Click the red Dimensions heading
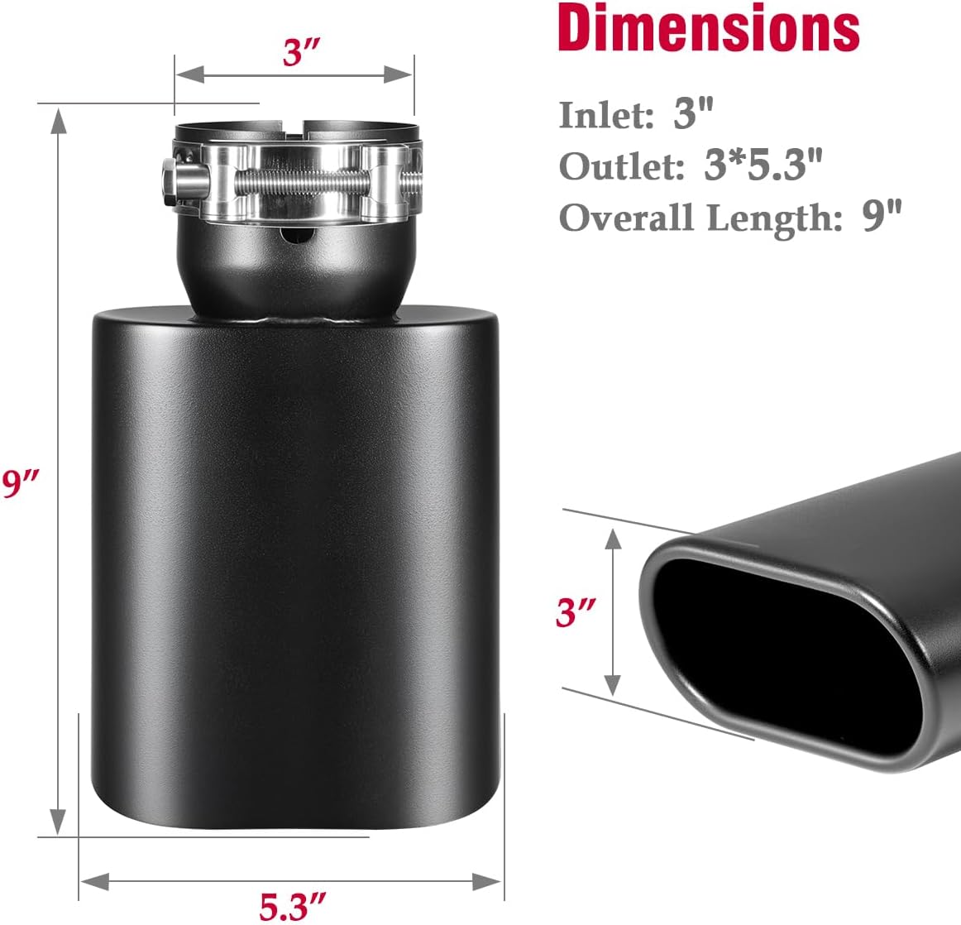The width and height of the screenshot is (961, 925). (709, 28)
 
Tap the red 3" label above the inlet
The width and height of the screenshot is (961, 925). (302, 54)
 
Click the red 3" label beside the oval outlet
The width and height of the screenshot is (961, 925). (576, 613)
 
